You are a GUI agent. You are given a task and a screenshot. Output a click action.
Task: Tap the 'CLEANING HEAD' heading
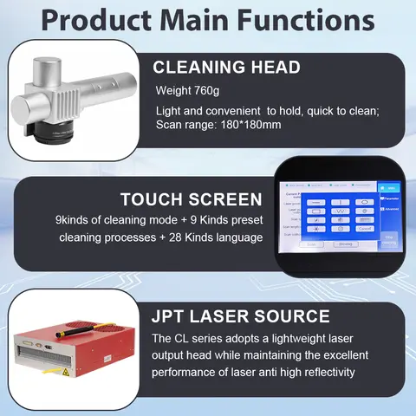227,68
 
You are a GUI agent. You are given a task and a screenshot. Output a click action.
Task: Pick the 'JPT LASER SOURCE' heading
240,315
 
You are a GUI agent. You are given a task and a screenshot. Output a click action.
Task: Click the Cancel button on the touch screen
364,229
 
